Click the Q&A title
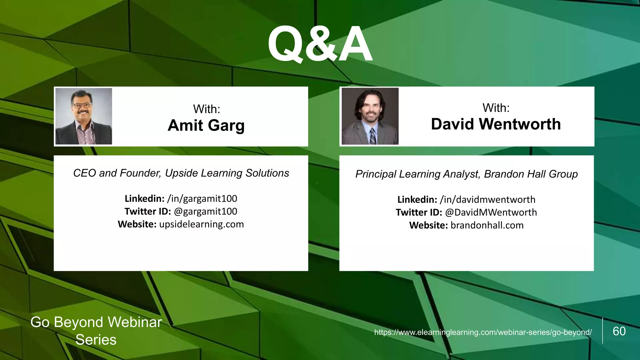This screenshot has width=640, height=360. (x=320, y=44)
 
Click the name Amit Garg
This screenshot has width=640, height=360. (x=206, y=125)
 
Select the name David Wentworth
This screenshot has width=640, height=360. (x=496, y=124)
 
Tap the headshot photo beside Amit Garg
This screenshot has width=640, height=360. (x=84, y=116)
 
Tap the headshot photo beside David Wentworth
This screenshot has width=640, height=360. (x=370, y=116)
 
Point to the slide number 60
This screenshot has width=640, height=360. (x=619, y=331)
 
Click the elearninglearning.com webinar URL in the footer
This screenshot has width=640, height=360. (x=483, y=332)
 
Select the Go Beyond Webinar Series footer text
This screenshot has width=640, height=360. (x=96, y=331)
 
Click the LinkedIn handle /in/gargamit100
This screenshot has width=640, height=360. (x=202, y=198)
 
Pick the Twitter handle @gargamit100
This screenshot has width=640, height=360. (x=205, y=211)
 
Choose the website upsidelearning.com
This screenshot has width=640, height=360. (x=202, y=224)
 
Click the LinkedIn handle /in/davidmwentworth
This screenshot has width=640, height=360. (x=487, y=199)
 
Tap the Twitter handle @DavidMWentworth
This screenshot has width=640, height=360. (x=491, y=212)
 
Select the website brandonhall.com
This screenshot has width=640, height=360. (x=487, y=225)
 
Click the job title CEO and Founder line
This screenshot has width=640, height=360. (x=181, y=173)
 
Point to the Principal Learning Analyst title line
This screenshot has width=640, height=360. (x=466, y=174)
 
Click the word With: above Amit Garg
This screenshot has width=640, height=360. (x=207, y=109)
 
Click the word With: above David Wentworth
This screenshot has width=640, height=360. (x=496, y=108)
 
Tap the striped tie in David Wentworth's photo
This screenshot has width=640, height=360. (x=373, y=136)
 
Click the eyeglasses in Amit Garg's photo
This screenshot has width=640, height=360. (x=82, y=105)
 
